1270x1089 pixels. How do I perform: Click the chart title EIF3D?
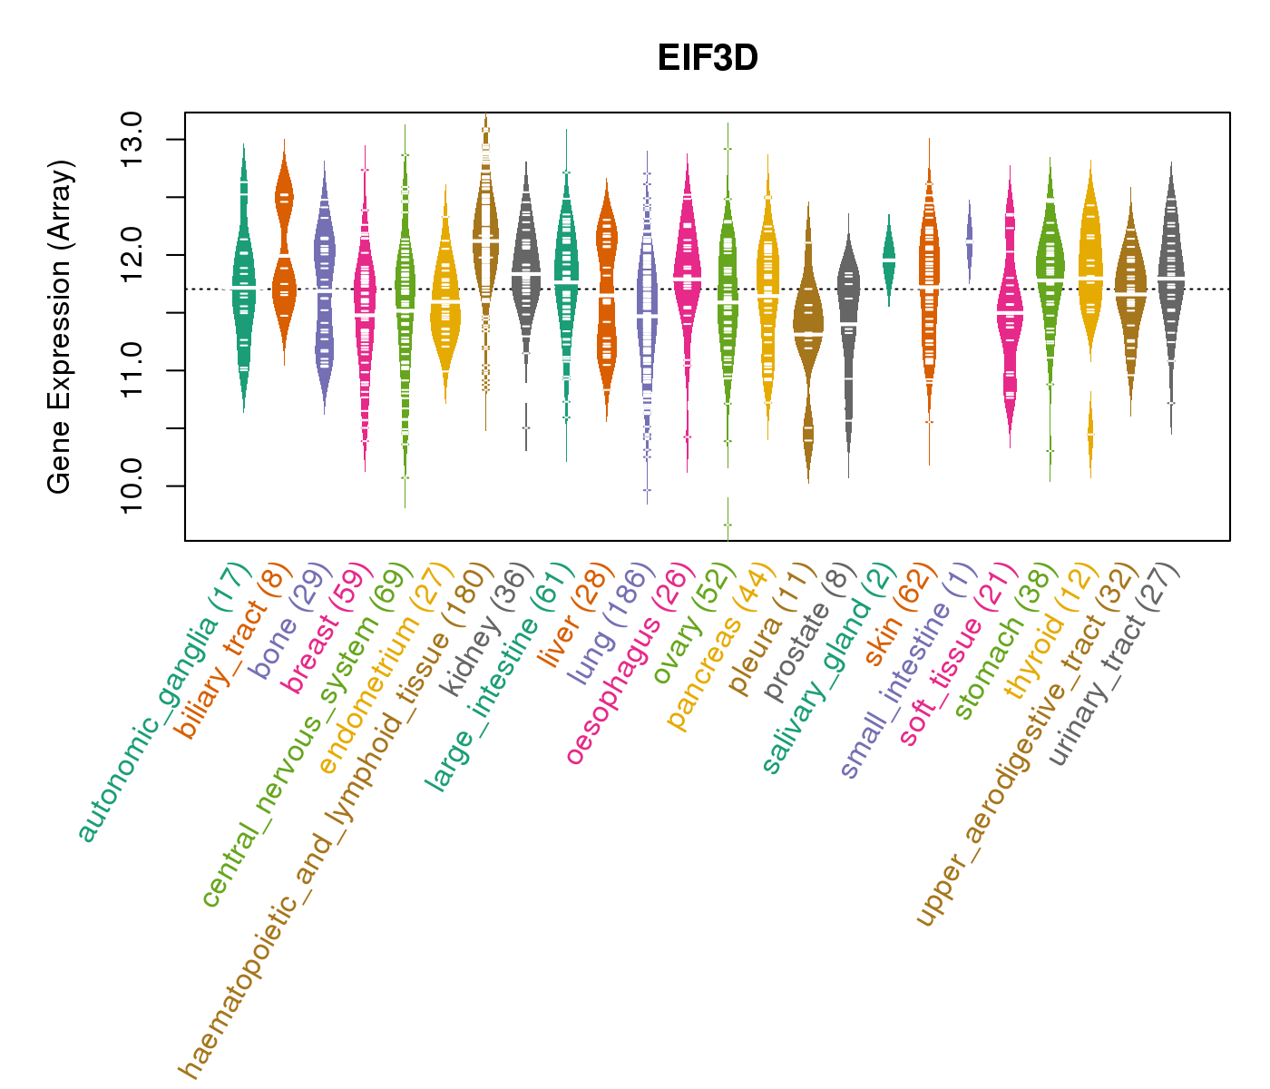point(708,58)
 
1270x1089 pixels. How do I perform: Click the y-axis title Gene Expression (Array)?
point(60,327)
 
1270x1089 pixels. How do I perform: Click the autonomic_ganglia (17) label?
point(163,703)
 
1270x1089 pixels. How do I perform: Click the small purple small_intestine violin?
point(969,241)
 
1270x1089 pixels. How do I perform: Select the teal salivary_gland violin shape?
point(888,260)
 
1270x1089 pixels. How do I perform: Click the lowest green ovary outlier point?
point(727,525)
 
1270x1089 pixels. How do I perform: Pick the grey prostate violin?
point(848,336)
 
